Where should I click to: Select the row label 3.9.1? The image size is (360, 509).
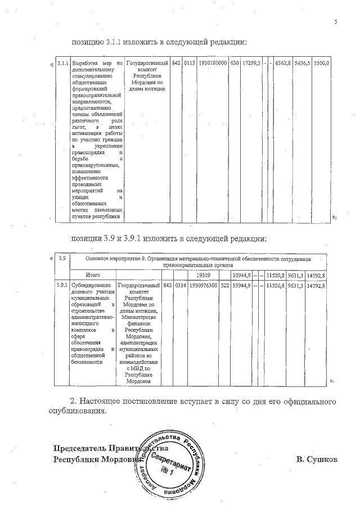click(x=62, y=286)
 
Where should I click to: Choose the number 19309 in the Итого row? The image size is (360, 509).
click(x=204, y=275)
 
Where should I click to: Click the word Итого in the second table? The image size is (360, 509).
click(x=93, y=275)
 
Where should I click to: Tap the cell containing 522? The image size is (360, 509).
click(x=224, y=286)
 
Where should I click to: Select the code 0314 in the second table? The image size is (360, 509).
click(x=181, y=286)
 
